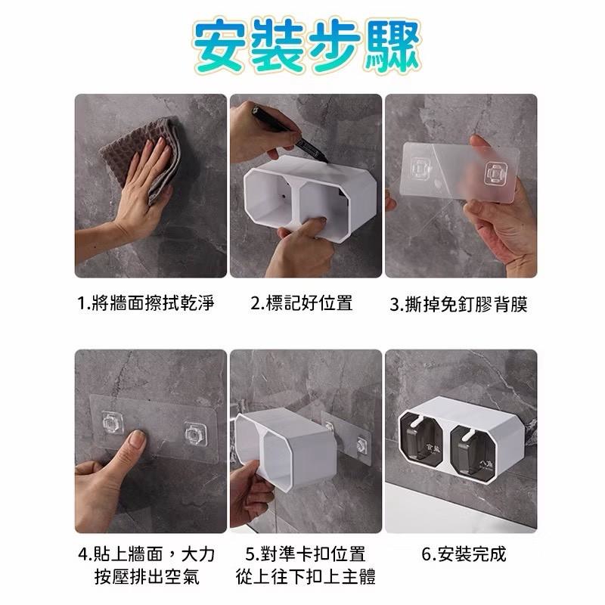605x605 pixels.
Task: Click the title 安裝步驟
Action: point(307,46)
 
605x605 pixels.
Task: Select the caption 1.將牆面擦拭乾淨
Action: point(145,303)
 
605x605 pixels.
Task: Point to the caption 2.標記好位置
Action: point(301,303)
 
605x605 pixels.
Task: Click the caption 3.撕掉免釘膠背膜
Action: point(458,304)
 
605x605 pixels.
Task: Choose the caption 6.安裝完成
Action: point(464,554)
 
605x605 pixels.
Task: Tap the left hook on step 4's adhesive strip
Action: point(113,422)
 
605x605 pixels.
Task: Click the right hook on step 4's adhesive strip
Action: point(195,433)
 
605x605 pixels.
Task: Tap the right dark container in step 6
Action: point(473,451)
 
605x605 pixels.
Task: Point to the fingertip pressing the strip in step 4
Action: point(136,439)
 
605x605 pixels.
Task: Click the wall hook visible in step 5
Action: point(361,445)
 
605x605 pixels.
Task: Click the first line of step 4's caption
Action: point(146,554)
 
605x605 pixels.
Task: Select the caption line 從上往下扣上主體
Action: point(306,577)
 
